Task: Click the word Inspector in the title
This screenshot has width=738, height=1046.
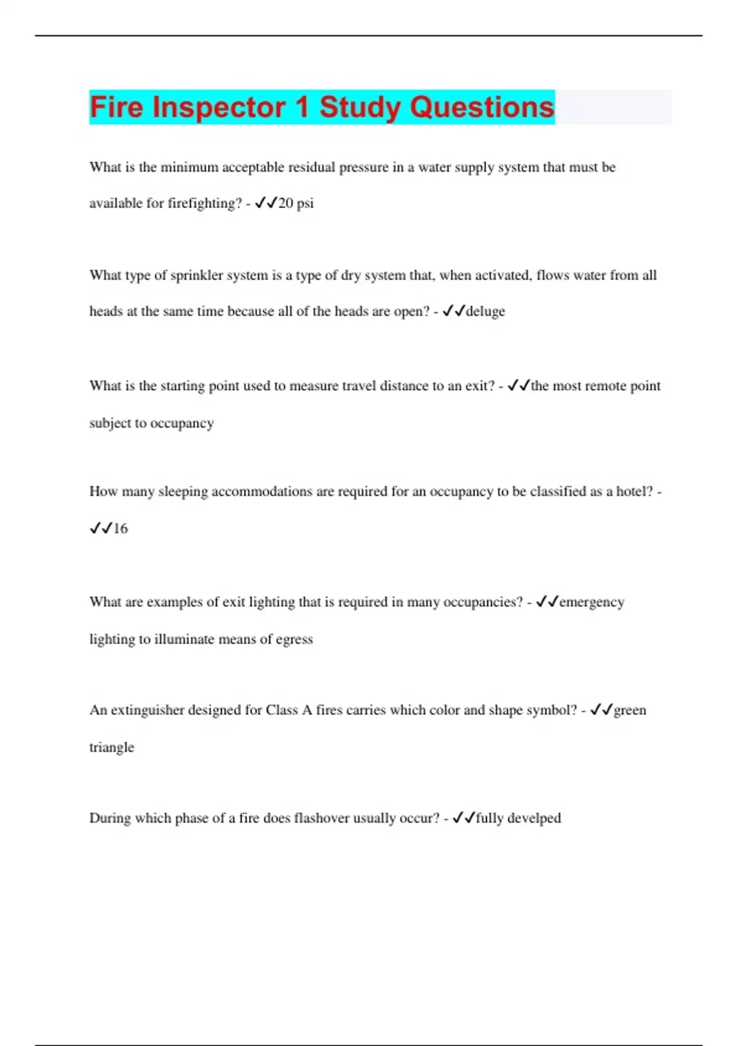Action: [x=218, y=107]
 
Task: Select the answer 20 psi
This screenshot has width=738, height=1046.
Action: [x=296, y=203]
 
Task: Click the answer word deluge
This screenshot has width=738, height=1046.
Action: [x=485, y=311]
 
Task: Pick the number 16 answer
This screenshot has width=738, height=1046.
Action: [x=121, y=529]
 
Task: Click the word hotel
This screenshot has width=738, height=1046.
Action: [x=634, y=492]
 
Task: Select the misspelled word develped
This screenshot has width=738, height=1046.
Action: [x=534, y=818]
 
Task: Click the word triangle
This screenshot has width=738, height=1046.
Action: [x=111, y=748]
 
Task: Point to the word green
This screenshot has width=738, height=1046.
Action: [x=630, y=710]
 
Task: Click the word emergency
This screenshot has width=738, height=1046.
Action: [x=592, y=602]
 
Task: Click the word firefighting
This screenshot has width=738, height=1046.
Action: [x=205, y=203]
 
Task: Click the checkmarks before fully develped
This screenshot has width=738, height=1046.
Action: [x=463, y=818]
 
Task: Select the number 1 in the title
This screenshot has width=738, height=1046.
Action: [x=301, y=107]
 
